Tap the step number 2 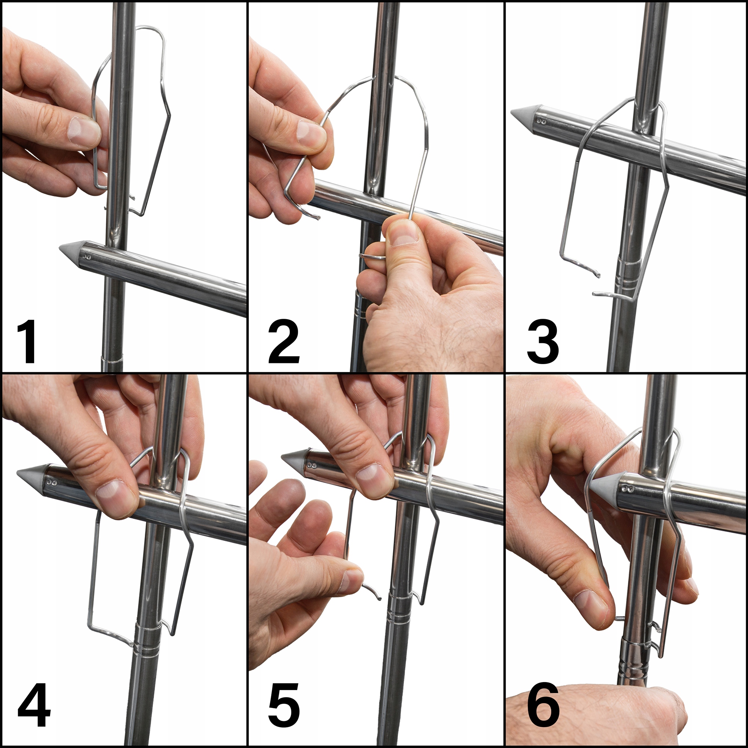click(x=284, y=341)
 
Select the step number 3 click(x=543, y=341)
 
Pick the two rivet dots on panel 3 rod click(x=543, y=122)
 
